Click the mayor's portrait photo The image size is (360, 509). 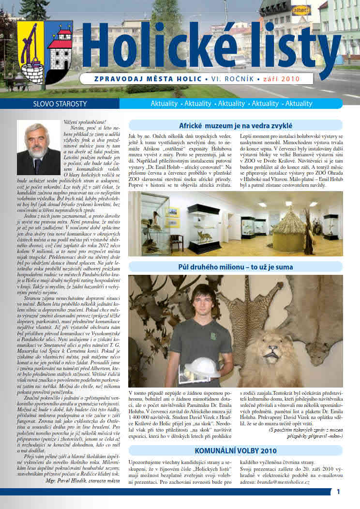39,148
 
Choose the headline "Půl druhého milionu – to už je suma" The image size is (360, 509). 236,267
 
